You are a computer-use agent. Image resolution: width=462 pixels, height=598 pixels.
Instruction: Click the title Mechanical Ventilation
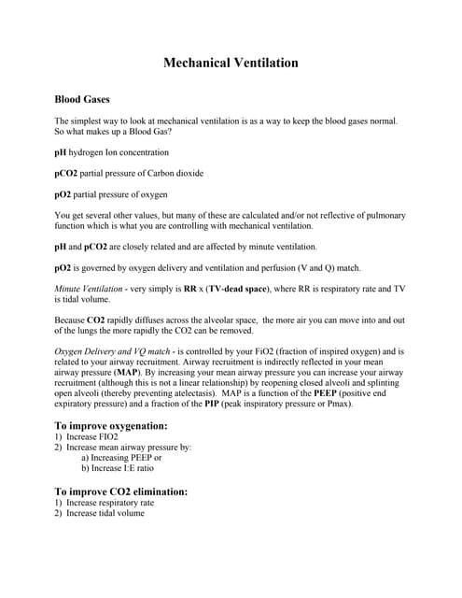[x=231, y=64]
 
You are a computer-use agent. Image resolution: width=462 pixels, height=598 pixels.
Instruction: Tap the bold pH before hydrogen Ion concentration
[x=61, y=151]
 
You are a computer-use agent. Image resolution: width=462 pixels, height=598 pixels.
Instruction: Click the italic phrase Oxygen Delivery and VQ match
[x=118, y=350]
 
